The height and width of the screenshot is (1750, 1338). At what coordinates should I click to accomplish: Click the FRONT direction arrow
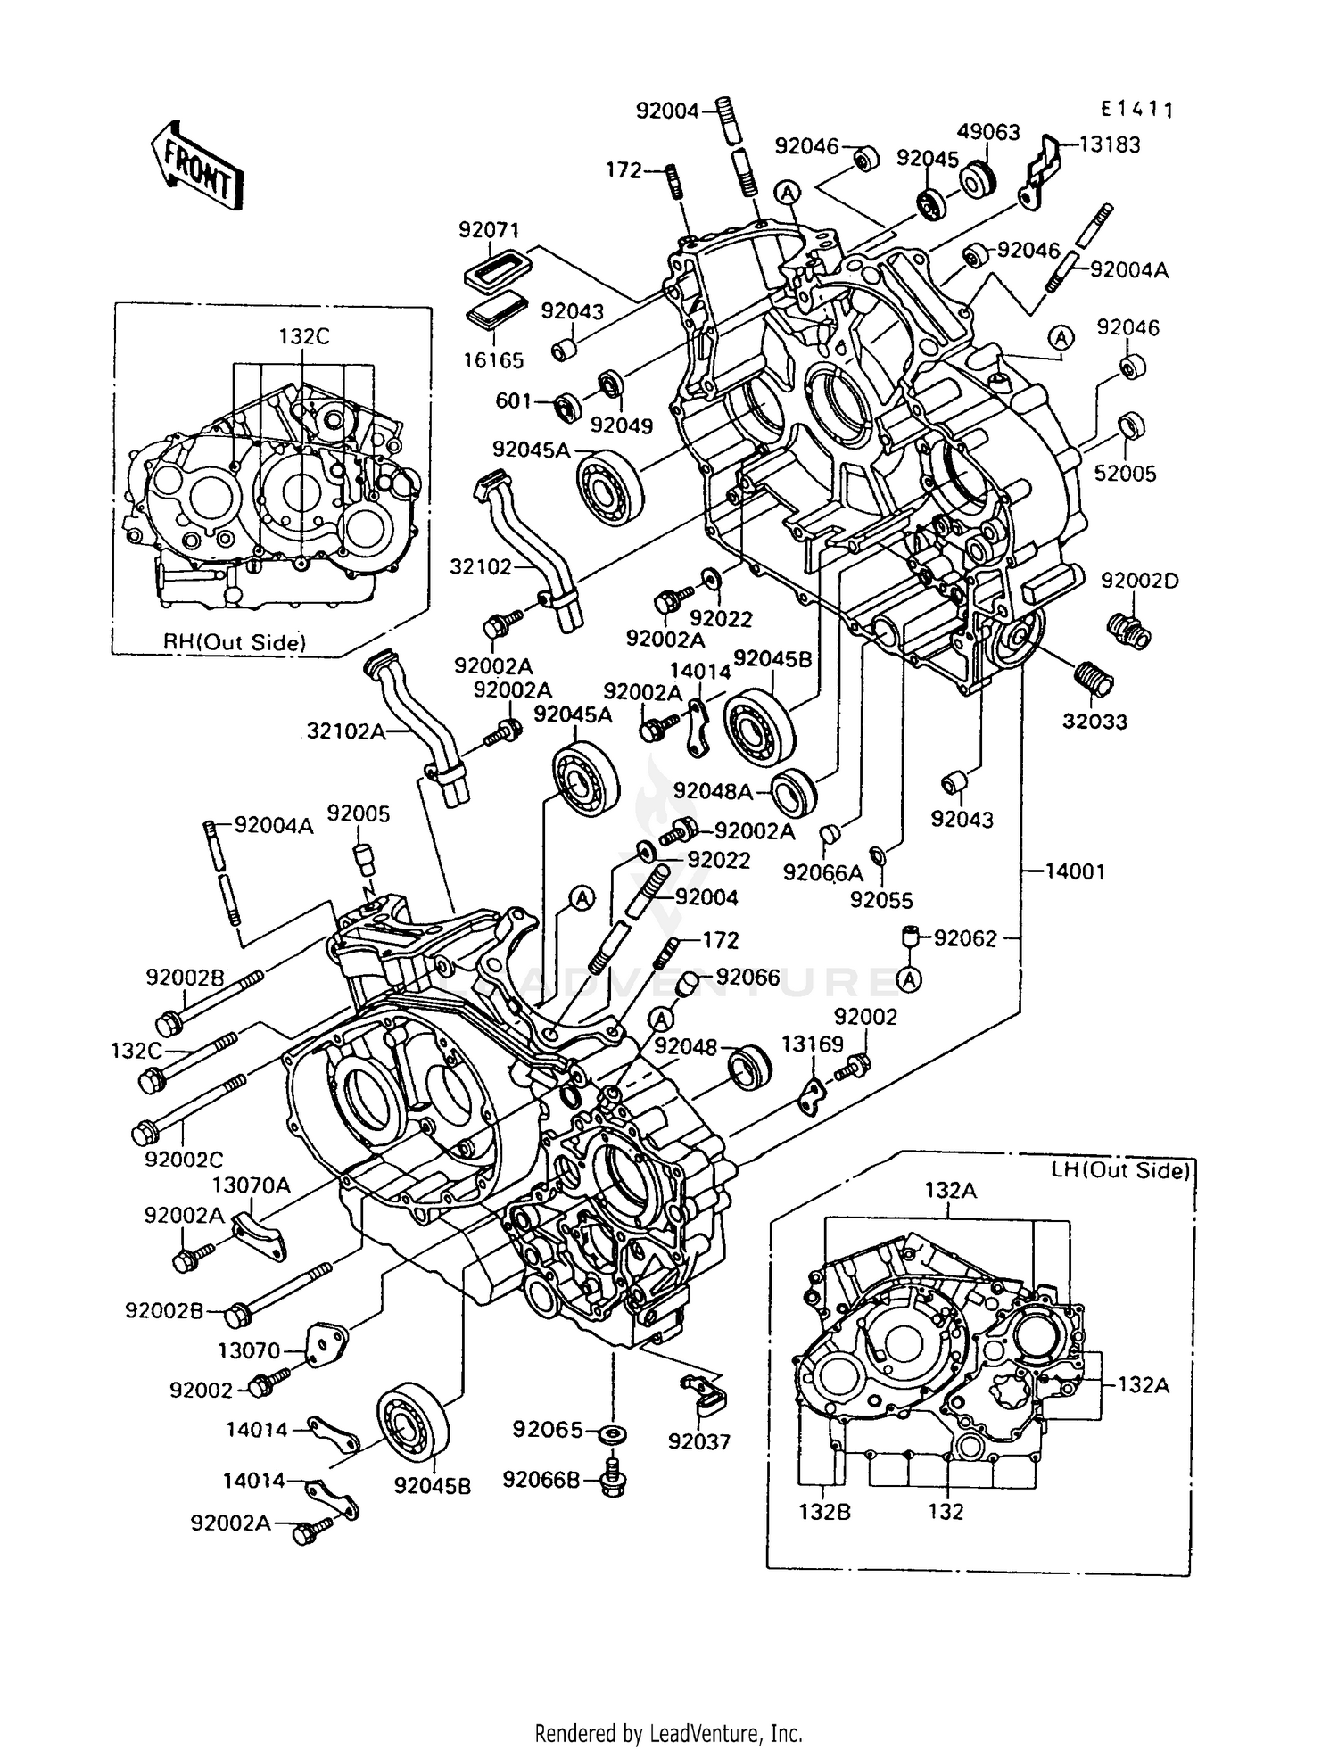(x=198, y=166)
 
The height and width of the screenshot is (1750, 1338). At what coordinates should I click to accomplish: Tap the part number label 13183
(x=1110, y=145)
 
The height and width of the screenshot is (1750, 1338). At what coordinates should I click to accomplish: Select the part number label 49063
(x=988, y=132)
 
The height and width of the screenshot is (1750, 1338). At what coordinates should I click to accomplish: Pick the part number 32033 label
(x=1094, y=721)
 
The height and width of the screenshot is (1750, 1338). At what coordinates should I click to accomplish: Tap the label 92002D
(x=1139, y=581)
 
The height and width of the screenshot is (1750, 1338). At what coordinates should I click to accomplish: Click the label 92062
(x=965, y=938)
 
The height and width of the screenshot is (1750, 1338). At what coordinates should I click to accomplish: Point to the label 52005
(x=1125, y=474)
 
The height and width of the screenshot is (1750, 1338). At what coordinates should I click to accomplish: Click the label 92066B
(x=541, y=1481)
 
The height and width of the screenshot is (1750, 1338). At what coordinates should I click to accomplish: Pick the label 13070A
(x=252, y=1185)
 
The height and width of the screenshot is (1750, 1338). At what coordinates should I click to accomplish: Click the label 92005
(x=358, y=813)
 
